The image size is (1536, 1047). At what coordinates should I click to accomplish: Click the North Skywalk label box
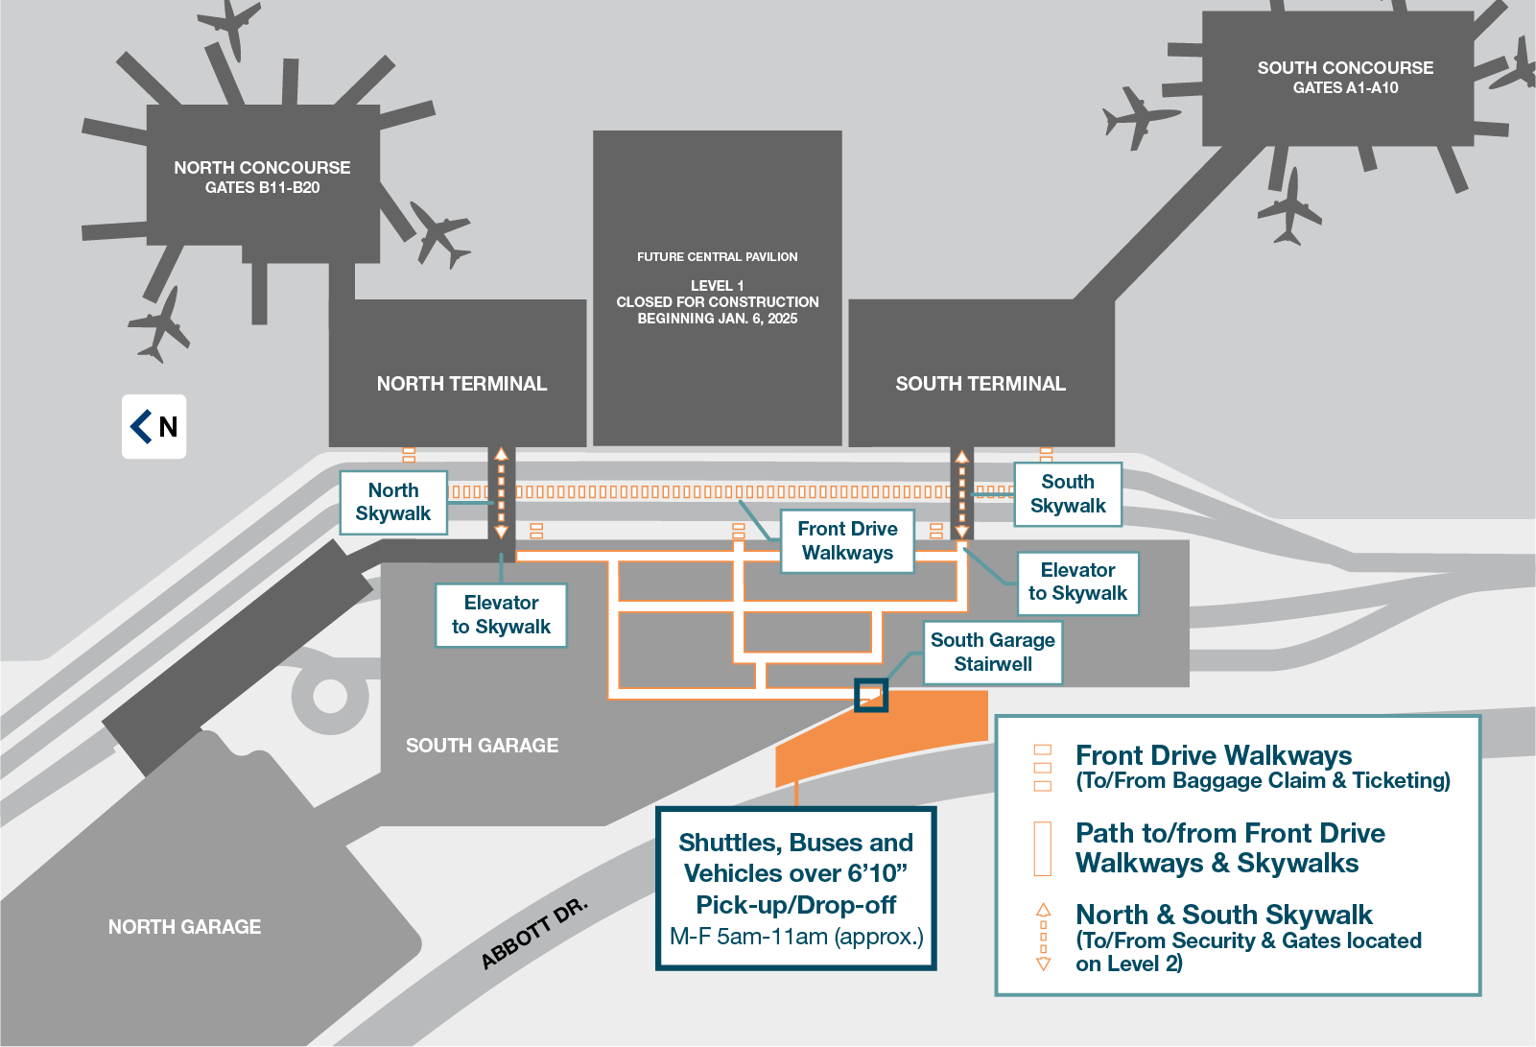pyautogui.click(x=393, y=502)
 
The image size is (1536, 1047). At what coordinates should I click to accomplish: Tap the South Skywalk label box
pyautogui.click(x=1068, y=494)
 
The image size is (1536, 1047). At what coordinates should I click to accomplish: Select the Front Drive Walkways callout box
pyautogui.click(x=847, y=541)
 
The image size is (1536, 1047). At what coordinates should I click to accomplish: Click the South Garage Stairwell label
pyautogui.click(x=993, y=653)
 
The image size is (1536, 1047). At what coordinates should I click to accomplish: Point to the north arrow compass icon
pyautogui.click(x=154, y=426)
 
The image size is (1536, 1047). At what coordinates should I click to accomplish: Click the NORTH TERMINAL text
pyautogui.click(x=461, y=384)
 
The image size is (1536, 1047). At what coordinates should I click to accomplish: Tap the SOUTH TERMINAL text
pyautogui.click(x=980, y=384)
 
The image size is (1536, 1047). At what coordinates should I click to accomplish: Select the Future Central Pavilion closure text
pyautogui.click(x=718, y=301)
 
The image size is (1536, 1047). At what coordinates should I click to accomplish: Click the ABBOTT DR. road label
pyautogui.click(x=533, y=934)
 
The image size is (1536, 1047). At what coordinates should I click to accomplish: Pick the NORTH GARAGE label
pyautogui.click(x=184, y=927)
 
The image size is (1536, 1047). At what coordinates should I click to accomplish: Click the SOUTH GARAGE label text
pyautogui.click(x=482, y=746)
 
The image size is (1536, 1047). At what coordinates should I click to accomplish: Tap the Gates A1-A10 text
pyautogui.click(x=1345, y=88)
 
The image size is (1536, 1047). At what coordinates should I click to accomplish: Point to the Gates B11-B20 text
pyautogui.click(x=262, y=188)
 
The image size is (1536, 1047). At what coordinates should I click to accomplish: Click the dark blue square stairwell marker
pyautogui.click(x=870, y=696)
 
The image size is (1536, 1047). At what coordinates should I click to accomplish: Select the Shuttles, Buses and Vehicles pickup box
pyautogui.click(x=796, y=889)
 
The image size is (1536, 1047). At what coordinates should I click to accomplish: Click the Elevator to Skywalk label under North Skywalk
pyautogui.click(x=501, y=615)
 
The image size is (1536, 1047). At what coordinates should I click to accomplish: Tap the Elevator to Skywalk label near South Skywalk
pyautogui.click(x=1077, y=583)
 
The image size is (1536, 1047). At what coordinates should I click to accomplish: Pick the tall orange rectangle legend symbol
pyautogui.click(x=1043, y=848)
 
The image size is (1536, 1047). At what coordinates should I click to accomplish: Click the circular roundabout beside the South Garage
pyautogui.click(x=329, y=696)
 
